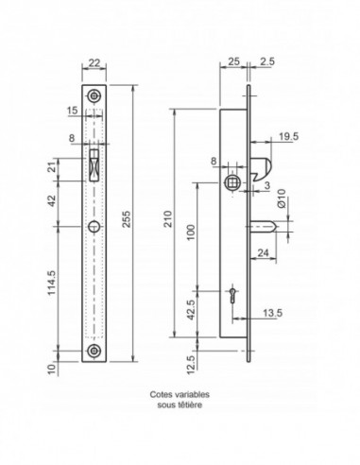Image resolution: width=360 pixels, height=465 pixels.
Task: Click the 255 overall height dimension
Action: click(x=126, y=219)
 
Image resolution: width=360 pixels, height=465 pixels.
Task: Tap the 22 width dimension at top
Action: click(x=94, y=63)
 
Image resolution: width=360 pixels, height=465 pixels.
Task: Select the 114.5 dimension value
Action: click(x=52, y=284)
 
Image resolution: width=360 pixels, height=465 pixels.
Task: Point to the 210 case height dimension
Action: click(x=168, y=219)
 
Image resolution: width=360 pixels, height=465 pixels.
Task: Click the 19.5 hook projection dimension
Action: click(x=289, y=136)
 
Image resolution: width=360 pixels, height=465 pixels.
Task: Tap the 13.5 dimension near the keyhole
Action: click(x=273, y=313)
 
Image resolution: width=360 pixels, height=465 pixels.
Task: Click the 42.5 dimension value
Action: click(x=192, y=310)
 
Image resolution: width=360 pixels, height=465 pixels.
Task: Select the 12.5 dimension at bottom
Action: click(x=192, y=365)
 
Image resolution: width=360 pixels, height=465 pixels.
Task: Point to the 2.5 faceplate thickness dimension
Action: click(x=267, y=61)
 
